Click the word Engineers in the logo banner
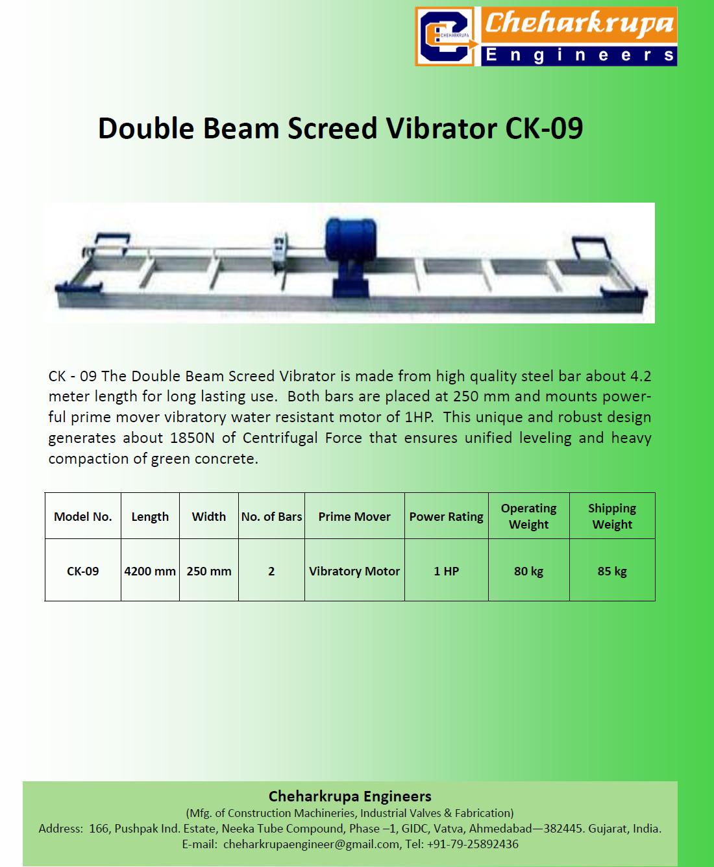point(580,56)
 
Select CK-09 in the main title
point(544,129)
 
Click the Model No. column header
point(83,516)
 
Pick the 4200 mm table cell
point(150,572)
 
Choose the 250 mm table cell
point(209,572)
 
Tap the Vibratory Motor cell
point(354,572)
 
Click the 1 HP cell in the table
point(447,572)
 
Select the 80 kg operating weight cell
point(528,572)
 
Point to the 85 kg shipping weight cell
point(612,572)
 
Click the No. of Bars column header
point(271,516)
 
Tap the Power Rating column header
point(447,516)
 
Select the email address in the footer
point(312,844)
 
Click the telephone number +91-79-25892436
point(473,844)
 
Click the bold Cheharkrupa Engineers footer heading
point(350,796)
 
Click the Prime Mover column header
point(354,516)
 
